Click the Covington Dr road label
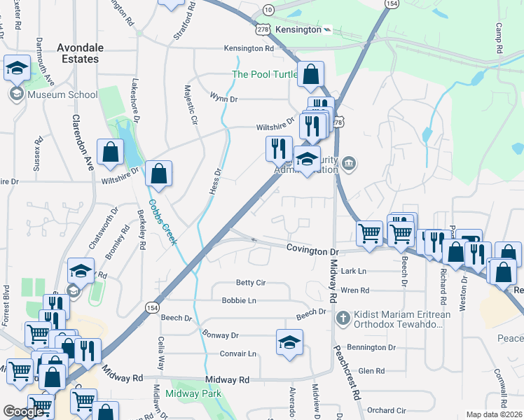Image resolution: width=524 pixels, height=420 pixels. (x=312, y=250)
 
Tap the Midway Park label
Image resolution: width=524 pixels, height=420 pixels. (x=194, y=394)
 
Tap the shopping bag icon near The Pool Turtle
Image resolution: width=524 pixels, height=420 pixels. (x=310, y=73)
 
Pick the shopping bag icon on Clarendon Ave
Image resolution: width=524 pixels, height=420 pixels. (x=110, y=151)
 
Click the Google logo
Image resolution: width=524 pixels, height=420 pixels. (x=23, y=412)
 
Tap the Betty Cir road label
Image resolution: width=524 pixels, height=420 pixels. (x=250, y=283)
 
